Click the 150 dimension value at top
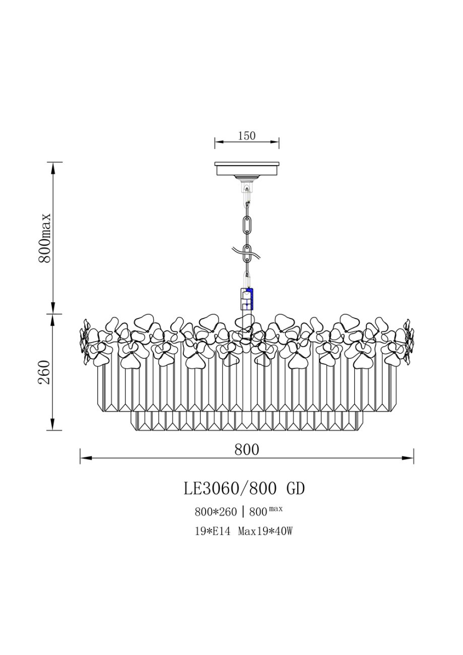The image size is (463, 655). click(247, 136)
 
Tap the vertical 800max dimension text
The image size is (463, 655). click(45, 237)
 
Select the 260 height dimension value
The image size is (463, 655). click(45, 372)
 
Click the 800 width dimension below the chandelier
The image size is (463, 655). click(247, 449)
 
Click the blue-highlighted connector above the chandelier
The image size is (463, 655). click(247, 299)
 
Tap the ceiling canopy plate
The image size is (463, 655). click(247, 168)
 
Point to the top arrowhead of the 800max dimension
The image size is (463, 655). click(53, 168)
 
